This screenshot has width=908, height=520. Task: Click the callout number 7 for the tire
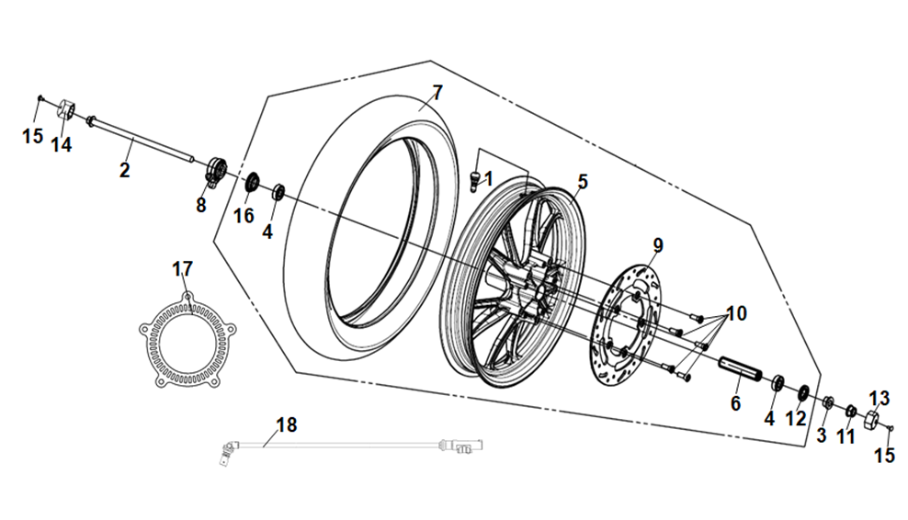(437, 93)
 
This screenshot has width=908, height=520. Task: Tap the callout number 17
(183, 268)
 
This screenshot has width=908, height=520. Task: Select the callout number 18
(286, 424)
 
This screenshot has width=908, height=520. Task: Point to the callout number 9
(657, 245)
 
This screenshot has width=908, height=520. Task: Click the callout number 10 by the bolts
(735, 314)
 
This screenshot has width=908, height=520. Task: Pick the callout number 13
(880, 398)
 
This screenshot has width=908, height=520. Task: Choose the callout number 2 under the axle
(124, 169)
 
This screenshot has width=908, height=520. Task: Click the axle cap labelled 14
(67, 108)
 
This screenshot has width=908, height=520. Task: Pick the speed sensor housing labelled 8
(213, 173)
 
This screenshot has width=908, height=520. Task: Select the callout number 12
(796, 418)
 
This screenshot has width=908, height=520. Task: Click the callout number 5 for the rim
(581, 182)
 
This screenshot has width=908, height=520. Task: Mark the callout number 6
(735, 403)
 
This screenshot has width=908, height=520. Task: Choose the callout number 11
(846, 436)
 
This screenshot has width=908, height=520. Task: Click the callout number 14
(61, 144)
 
